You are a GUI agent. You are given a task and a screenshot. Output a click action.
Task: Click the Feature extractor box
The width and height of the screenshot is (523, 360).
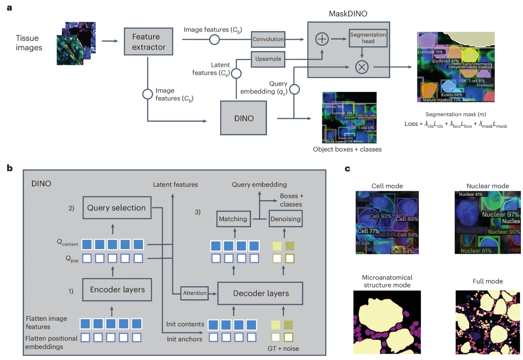pos(148,41)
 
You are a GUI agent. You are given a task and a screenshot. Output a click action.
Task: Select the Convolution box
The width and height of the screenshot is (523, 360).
pos(268,39)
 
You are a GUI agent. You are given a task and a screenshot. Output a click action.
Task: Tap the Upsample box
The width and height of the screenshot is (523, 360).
pos(268,59)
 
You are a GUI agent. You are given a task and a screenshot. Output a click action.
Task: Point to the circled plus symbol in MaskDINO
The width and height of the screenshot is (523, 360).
pos(322,39)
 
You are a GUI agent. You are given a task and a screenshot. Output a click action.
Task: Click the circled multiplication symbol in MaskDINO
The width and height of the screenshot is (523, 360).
pos(361,67)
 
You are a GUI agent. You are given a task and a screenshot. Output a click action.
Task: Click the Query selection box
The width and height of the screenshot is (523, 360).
pos(116,207)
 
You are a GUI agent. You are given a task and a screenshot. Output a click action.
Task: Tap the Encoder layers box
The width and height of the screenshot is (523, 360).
pos(117,290)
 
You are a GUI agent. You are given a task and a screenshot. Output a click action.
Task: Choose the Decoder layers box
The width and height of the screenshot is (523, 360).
pos(261,293)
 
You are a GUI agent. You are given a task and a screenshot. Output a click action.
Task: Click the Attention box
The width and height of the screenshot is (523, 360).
pos(195,293)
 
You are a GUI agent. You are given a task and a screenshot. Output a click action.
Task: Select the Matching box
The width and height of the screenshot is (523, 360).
pos(233,219)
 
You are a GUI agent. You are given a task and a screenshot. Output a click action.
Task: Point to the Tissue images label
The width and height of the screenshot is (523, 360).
pos(29,43)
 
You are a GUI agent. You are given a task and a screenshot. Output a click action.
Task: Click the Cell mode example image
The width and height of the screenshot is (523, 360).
pos(387,223)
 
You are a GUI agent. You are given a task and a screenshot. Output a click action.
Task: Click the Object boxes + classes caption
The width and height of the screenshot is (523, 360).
pos(347,149)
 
